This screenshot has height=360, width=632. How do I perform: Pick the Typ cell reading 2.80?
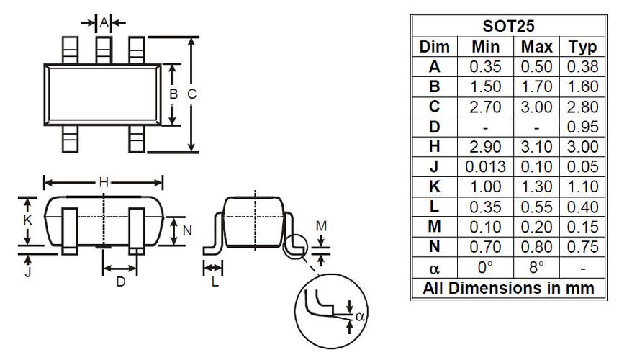pyautogui.click(x=583, y=107)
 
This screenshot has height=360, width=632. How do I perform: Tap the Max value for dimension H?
pyautogui.click(x=536, y=147)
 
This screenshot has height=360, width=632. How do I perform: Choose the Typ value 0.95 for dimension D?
pyautogui.click(x=583, y=127)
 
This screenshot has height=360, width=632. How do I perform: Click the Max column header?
pyautogui.click(x=536, y=47)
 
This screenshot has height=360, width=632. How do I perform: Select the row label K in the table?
pyautogui.click(x=434, y=187)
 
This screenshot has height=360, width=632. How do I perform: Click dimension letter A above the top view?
pyautogui.click(x=104, y=23)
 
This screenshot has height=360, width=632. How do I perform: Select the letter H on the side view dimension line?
pyautogui.click(x=104, y=182)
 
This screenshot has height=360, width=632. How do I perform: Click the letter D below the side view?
pyautogui.click(x=121, y=282)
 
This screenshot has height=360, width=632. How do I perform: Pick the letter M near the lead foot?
pyautogui.click(x=322, y=226)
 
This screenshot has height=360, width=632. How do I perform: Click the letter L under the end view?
pyautogui.click(x=215, y=282)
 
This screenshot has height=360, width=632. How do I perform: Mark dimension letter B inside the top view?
pyautogui.click(x=173, y=94)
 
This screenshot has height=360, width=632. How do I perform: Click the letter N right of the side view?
pyautogui.click(x=187, y=230)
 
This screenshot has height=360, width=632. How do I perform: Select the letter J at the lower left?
pyautogui.click(x=28, y=273)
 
